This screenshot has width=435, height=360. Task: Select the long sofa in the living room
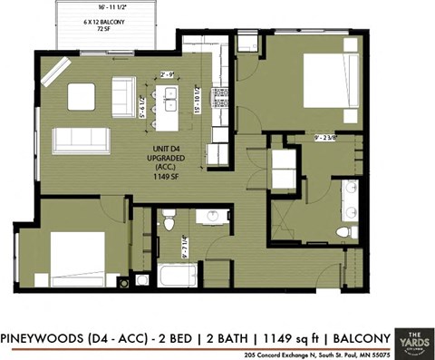pyautogui.click(x=81, y=140)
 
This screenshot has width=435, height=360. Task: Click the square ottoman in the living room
pyautogui.click(x=81, y=95)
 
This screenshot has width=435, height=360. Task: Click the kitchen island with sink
pyautogui.click(x=169, y=101)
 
